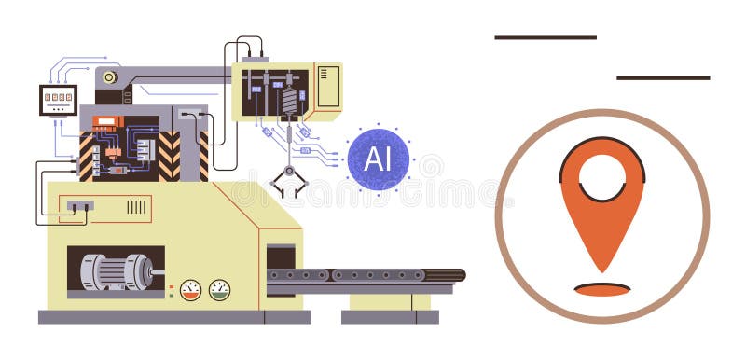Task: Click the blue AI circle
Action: click(x=378, y=159)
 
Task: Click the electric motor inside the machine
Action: click(x=117, y=271)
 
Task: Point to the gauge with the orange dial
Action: click(x=190, y=290)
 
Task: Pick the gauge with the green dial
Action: click(x=219, y=290)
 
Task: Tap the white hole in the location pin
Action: click(x=601, y=175)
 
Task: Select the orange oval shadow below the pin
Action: click(x=601, y=289)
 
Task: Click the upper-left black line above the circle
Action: click(x=546, y=37)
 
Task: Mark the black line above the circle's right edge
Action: click(x=663, y=77)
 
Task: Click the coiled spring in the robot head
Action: click(x=289, y=101)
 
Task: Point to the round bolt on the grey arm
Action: click(x=110, y=77)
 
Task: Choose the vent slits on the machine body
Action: click(x=136, y=207)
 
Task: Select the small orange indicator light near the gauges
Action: click(x=171, y=285)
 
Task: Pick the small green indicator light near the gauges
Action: click(x=171, y=295)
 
